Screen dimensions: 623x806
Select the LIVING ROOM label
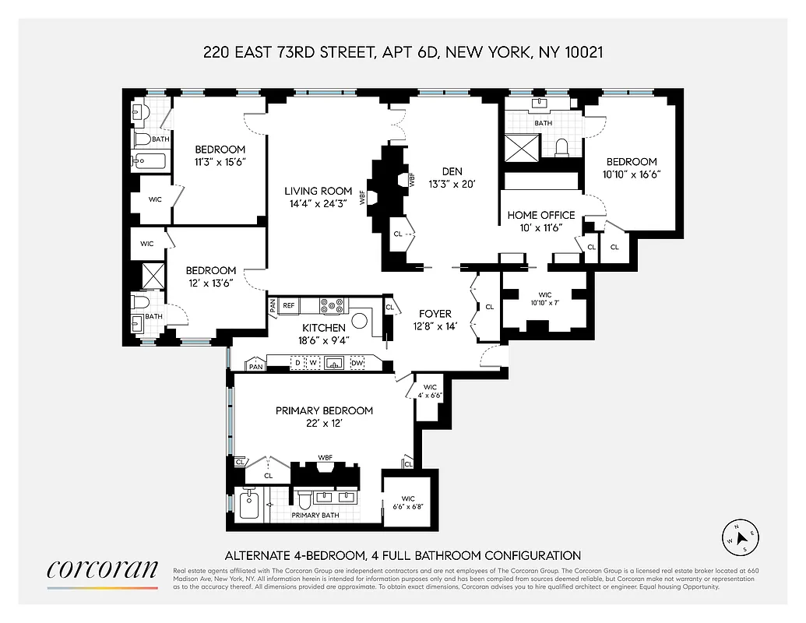(x=318, y=191)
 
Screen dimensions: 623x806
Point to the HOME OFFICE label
(x=541, y=215)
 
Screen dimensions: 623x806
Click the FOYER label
(x=435, y=314)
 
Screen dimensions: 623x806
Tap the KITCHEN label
(x=324, y=328)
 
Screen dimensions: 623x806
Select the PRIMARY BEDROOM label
(x=324, y=410)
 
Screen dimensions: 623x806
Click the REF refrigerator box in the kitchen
(x=289, y=305)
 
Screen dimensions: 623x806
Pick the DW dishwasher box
(x=357, y=363)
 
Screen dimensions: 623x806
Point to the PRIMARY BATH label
(x=315, y=515)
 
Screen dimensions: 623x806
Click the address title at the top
(x=403, y=53)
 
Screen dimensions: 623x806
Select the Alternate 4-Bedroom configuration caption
(x=403, y=555)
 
